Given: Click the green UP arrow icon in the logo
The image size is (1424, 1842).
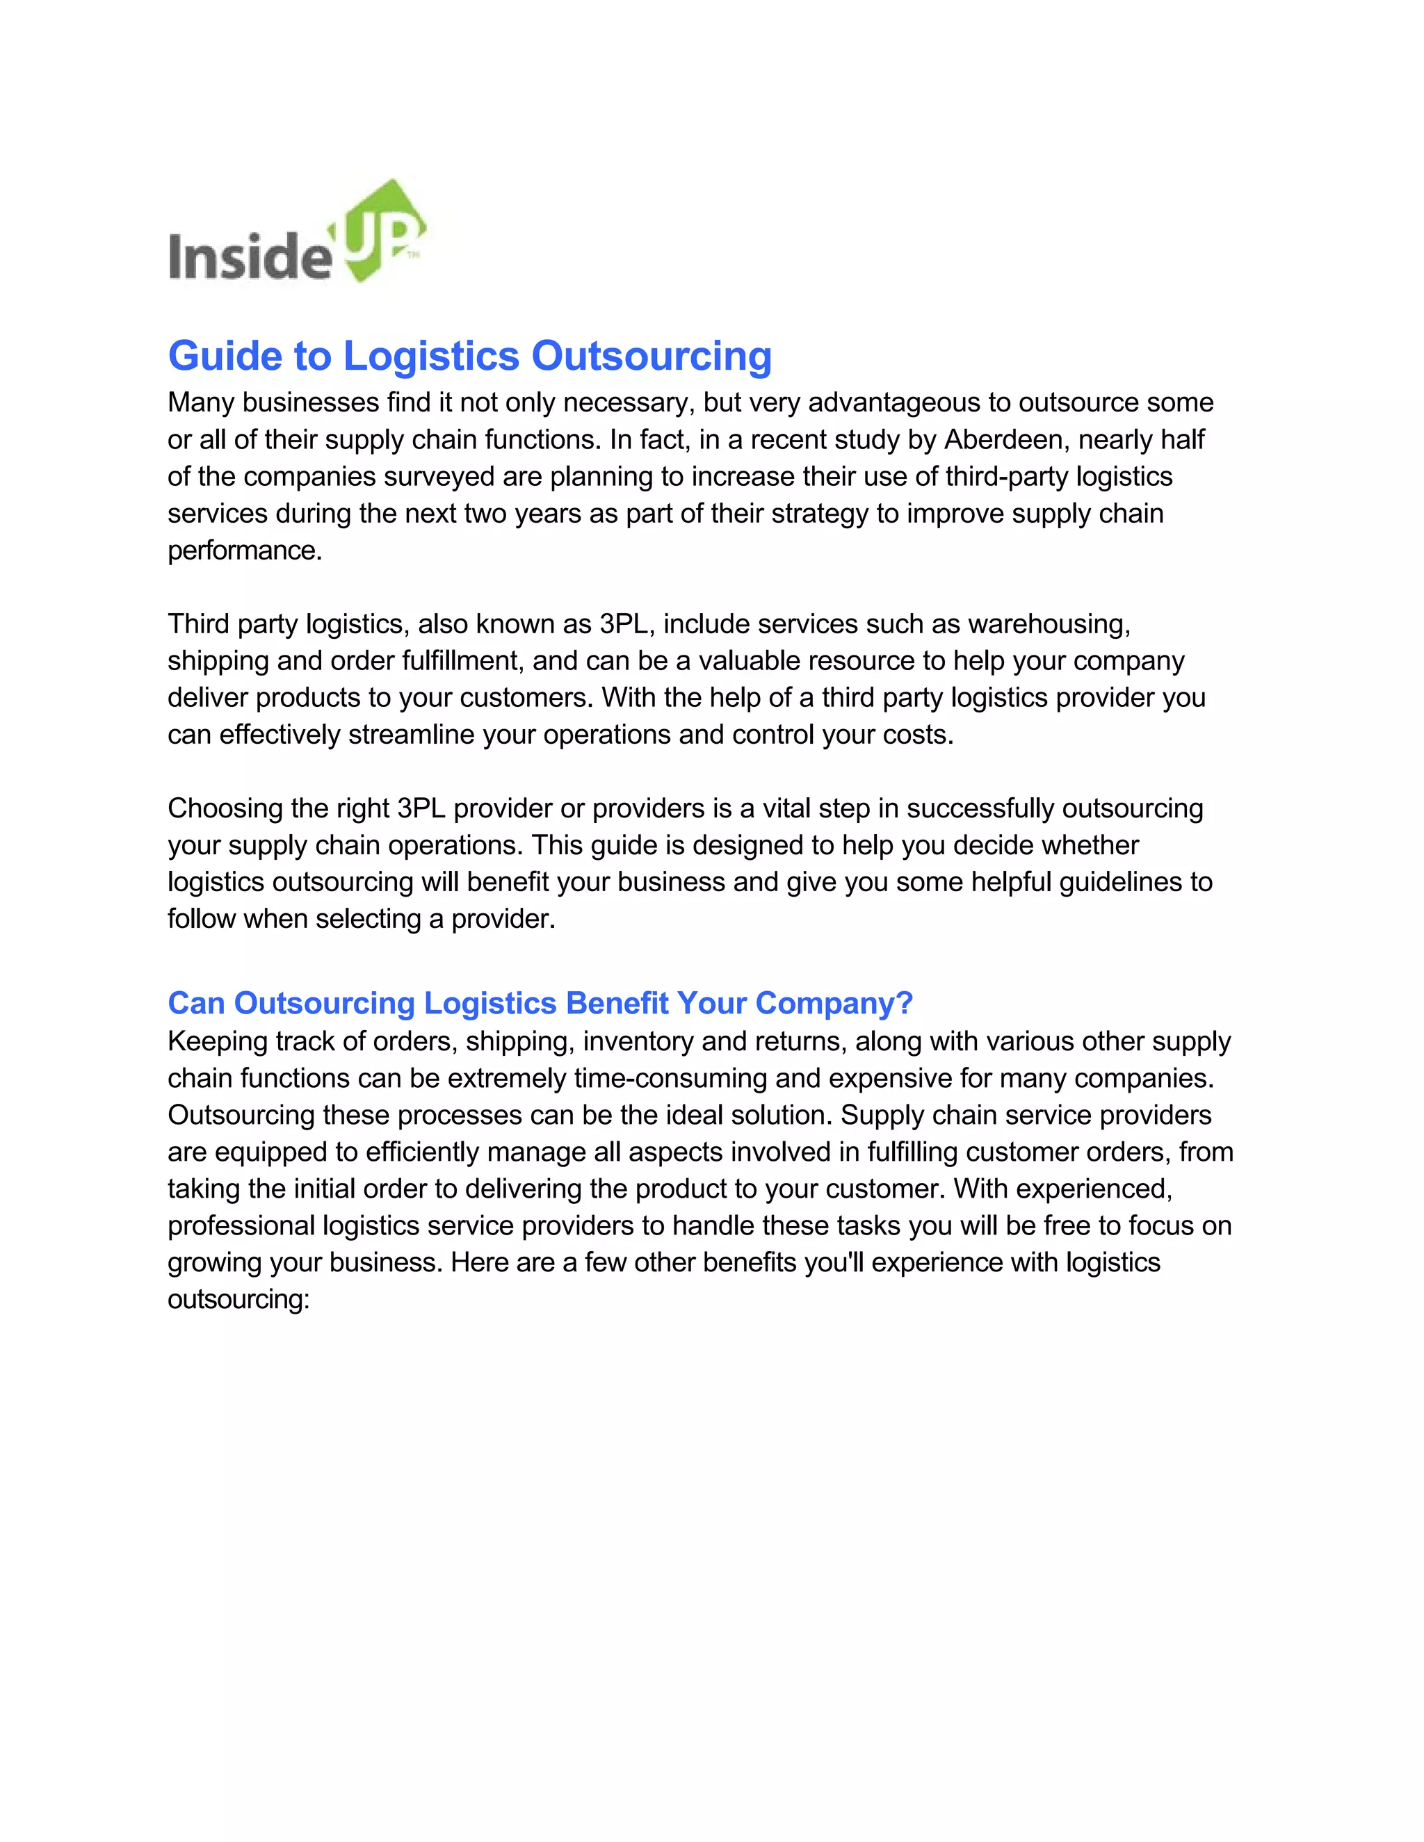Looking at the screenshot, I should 384,229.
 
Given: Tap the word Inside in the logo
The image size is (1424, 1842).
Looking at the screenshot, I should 250,256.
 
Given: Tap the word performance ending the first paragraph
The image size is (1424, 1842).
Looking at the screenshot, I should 245,551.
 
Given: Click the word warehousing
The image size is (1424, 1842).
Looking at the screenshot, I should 1049,624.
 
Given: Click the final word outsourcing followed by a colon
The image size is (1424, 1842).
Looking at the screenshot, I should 238,1300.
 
